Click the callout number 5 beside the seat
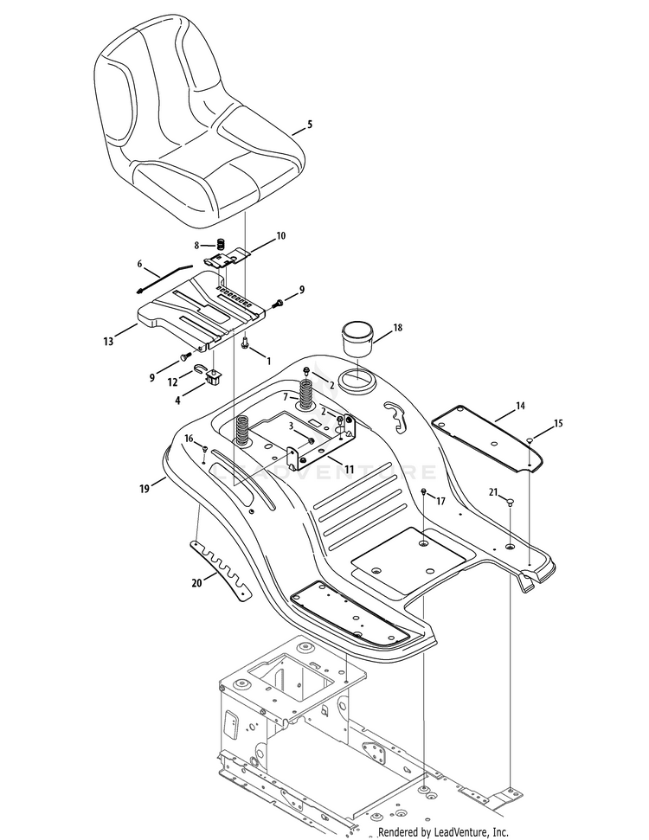[x=309, y=125]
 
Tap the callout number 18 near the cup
[x=397, y=329]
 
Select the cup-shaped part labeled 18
[x=357, y=337]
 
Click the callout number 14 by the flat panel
[x=520, y=406]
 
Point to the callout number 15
[x=558, y=423]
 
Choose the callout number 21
[x=493, y=492]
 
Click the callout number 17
[x=440, y=501]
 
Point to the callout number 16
[x=189, y=439]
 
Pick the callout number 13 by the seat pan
[x=108, y=342]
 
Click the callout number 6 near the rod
[x=139, y=263]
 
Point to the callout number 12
[x=173, y=382]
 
